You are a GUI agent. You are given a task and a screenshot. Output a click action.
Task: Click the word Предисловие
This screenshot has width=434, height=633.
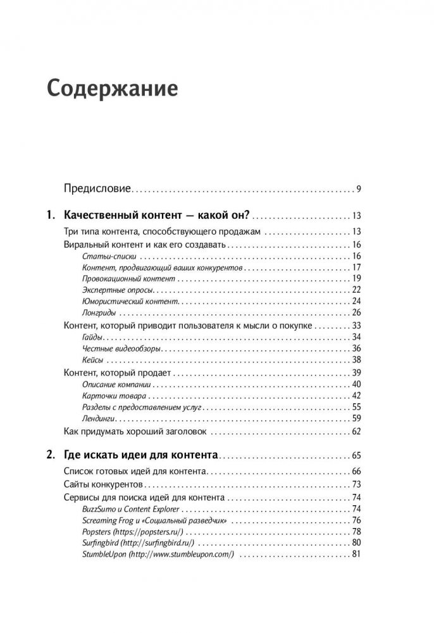98,188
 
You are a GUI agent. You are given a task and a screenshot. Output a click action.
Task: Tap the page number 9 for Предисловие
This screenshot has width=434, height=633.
358,188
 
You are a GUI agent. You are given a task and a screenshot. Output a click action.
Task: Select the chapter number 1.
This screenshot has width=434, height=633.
51,216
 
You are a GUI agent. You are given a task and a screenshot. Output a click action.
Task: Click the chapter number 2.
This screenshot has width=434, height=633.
51,455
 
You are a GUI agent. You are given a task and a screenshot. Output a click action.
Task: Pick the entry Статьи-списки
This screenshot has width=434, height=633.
111,257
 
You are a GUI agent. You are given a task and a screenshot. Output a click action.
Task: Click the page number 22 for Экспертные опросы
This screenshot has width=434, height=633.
355,290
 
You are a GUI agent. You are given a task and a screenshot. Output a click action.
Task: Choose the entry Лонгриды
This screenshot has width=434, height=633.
100,312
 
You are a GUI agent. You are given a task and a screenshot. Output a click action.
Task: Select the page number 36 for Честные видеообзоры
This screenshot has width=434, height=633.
355,348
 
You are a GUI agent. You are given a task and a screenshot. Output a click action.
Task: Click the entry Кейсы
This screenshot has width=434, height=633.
94,360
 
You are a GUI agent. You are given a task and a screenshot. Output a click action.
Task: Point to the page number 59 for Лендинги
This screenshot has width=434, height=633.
355,419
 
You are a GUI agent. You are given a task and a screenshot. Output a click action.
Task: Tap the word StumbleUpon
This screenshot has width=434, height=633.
104,555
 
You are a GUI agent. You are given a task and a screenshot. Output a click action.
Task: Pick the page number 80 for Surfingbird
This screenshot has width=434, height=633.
355,543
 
